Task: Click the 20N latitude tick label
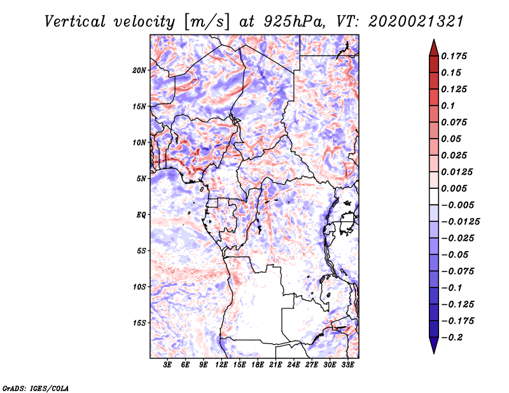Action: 139,70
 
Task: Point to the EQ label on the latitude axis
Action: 141,214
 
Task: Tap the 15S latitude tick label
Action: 139,322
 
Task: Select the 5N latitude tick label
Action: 141,179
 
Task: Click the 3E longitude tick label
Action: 168,366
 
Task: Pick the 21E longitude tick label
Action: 276,366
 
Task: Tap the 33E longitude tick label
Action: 348,366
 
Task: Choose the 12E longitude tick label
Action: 222,366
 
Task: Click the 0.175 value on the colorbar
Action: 454,56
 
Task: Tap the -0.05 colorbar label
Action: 454,254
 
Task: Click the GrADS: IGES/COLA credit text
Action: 35,387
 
